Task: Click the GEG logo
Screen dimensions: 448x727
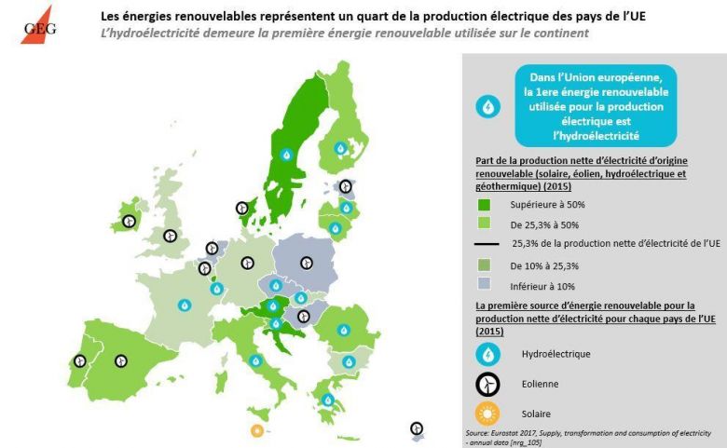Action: (x=37, y=24)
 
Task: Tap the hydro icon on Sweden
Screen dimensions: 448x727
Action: (x=287, y=155)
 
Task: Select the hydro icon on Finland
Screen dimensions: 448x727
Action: (x=341, y=148)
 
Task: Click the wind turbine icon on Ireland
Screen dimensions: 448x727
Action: (x=129, y=222)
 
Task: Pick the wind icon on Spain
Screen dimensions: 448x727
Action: (x=120, y=361)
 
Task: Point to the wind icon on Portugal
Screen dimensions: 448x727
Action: (x=80, y=360)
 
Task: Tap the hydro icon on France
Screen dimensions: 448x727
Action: (x=185, y=305)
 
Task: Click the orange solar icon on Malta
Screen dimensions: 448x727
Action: (x=257, y=430)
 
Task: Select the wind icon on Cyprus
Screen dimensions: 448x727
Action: (x=417, y=428)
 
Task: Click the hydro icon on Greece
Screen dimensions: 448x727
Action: (x=328, y=400)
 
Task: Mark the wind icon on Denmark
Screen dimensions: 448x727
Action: (x=242, y=209)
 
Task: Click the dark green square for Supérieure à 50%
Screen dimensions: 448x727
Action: (x=484, y=202)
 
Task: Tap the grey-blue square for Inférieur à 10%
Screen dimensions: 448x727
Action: (x=484, y=284)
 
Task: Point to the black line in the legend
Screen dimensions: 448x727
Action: (x=485, y=243)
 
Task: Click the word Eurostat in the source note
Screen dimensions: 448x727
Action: (x=504, y=433)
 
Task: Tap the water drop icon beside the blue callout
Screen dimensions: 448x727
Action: (x=487, y=106)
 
